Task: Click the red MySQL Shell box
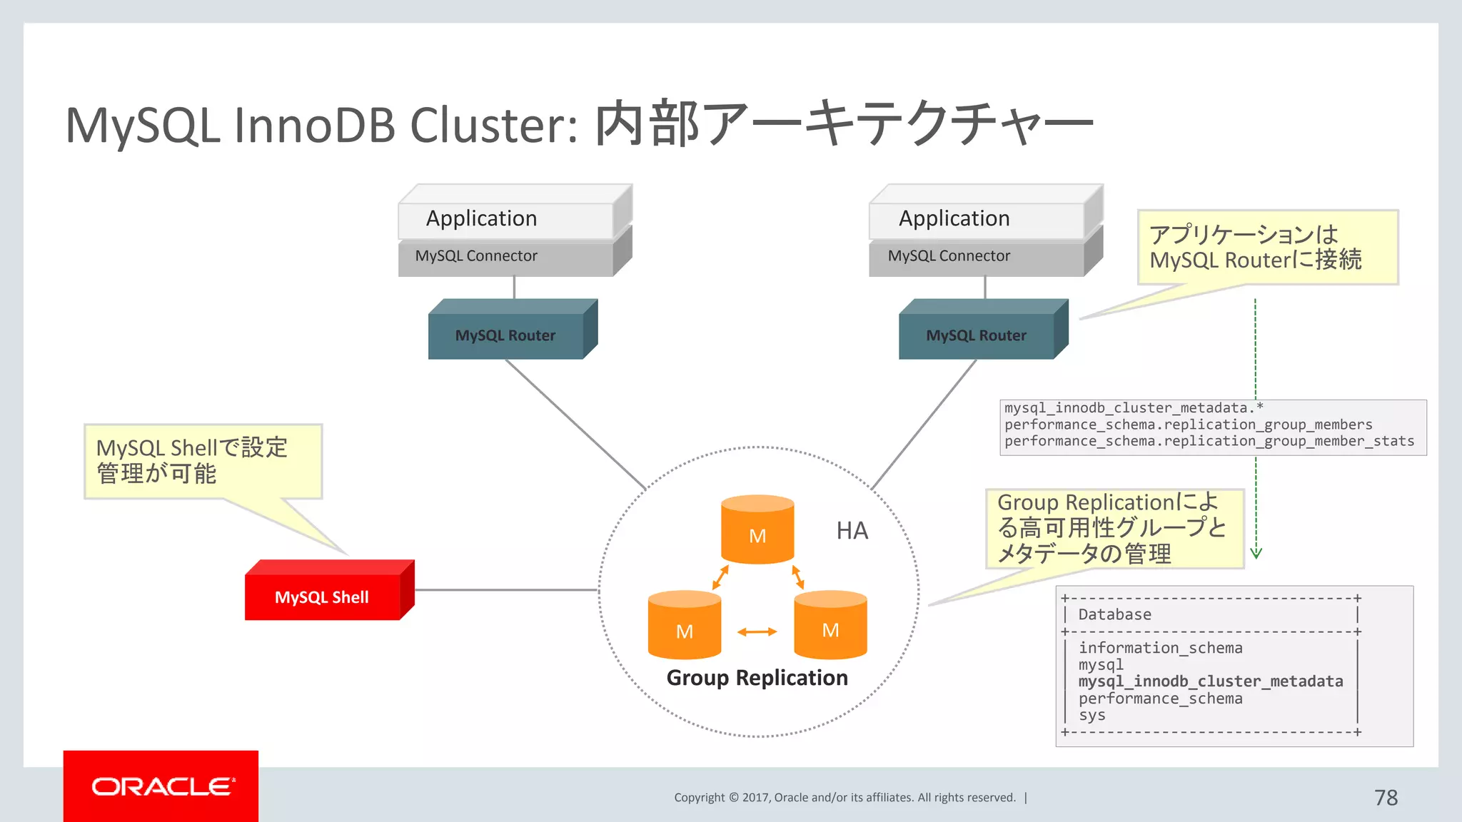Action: click(323, 597)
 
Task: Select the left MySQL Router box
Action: click(506, 335)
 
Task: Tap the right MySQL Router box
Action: click(977, 335)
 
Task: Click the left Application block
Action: click(482, 218)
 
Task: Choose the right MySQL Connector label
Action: click(949, 256)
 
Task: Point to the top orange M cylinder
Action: click(757, 532)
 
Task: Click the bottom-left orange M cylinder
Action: click(684, 626)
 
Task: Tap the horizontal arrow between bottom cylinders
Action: click(757, 632)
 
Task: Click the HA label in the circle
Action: click(852, 531)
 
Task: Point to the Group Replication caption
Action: click(757, 678)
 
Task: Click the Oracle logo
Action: click(161, 786)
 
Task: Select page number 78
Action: click(1386, 798)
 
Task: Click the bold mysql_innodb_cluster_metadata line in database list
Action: click(1210, 681)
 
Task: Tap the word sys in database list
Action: click(1092, 715)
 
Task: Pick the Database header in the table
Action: click(1114, 614)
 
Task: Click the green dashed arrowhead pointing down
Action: click(1256, 553)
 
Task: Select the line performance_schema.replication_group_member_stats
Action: click(1209, 442)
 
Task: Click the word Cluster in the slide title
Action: click(493, 126)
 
